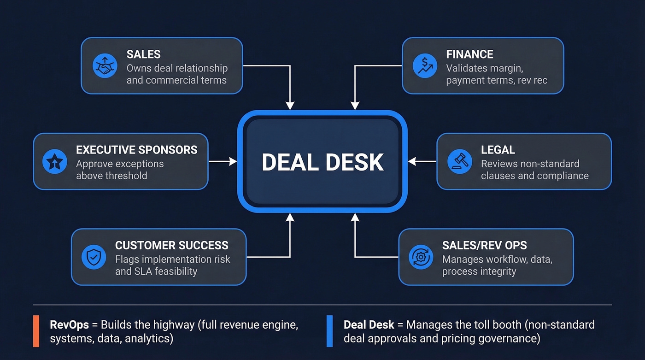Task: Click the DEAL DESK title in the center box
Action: point(322,162)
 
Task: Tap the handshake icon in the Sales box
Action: point(105,66)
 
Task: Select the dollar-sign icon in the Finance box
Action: point(425,65)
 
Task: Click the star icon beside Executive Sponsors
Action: point(55,162)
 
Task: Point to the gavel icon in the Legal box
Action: point(459,162)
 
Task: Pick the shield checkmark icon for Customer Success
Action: point(94,257)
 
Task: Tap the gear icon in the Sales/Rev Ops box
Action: point(421,257)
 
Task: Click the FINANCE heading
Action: point(469,54)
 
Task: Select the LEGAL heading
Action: point(498,150)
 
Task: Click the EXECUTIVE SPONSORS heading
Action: point(136,150)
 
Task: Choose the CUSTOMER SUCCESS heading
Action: point(171,245)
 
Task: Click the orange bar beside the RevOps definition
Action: point(36,331)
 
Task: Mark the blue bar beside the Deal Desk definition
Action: point(329,331)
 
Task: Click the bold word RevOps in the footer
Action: point(69,325)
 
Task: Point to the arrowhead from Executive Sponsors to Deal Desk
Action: point(234,161)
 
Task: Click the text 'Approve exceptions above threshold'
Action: point(120,170)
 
